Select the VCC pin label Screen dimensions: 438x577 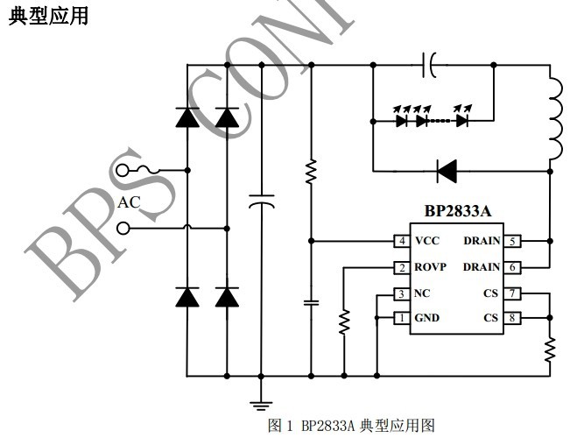(x=428, y=241)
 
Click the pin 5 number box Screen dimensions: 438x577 (x=513, y=241)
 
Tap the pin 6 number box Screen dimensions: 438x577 (x=513, y=267)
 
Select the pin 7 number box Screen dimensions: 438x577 (x=513, y=293)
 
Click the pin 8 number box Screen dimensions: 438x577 (x=513, y=318)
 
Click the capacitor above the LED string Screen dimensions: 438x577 (x=431, y=64)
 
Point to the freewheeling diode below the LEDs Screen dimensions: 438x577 (x=447, y=170)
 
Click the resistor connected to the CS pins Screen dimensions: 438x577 (x=550, y=350)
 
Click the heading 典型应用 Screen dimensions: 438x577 (x=48, y=17)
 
